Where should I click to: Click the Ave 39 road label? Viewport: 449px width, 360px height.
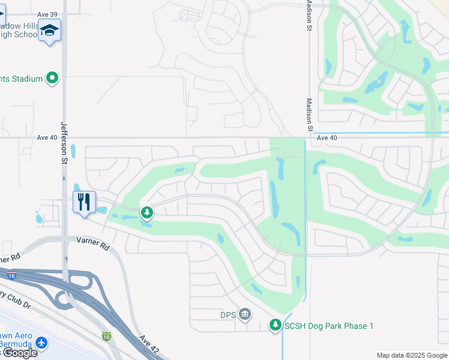pyautogui.click(x=47, y=14)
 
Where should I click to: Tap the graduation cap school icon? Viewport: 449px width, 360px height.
pyautogui.click(x=49, y=30)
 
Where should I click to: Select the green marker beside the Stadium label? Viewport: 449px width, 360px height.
pyautogui.click(x=52, y=78)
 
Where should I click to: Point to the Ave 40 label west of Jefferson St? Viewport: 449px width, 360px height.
pyautogui.click(x=47, y=137)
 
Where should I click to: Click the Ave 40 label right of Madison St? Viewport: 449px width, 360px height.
pyautogui.click(x=327, y=137)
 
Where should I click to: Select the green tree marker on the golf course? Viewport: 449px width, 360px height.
pyautogui.click(x=146, y=212)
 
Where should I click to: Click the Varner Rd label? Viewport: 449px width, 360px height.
pyautogui.click(x=92, y=244)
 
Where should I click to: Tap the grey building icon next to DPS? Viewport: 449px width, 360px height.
pyautogui.click(x=244, y=314)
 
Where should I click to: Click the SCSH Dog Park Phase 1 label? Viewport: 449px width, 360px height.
pyautogui.click(x=329, y=326)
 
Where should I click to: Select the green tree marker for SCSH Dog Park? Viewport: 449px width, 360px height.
pyautogui.click(x=276, y=325)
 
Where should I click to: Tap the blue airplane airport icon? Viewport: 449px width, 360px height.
pyautogui.click(x=41, y=343)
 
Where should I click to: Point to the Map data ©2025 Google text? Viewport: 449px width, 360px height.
pyautogui.click(x=412, y=355)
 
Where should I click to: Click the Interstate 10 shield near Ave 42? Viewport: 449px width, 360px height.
pyautogui.click(x=106, y=336)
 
